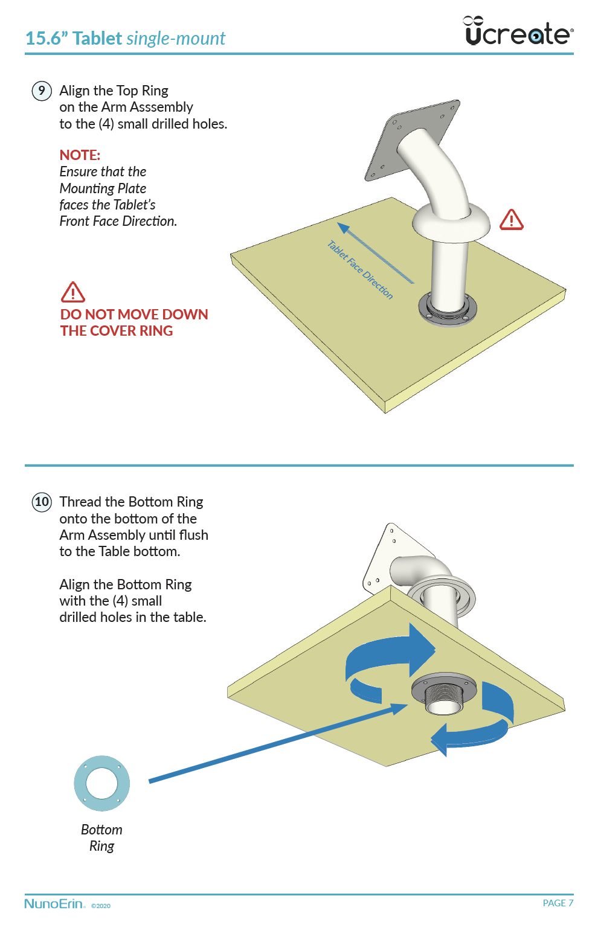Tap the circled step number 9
click(x=42, y=91)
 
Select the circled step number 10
click(x=42, y=502)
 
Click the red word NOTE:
click(x=80, y=155)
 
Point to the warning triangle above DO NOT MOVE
click(x=72, y=292)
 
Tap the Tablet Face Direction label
click(x=360, y=269)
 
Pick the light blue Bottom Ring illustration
click(x=101, y=783)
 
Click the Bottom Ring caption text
click(x=101, y=838)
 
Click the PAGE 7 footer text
click(x=558, y=903)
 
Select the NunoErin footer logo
click(x=54, y=904)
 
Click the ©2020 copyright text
click(x=101, y=906)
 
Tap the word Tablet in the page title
click(x=97, y=39)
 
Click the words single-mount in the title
click(x=176, y=39)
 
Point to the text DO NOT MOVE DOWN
click(x=134, y=315)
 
